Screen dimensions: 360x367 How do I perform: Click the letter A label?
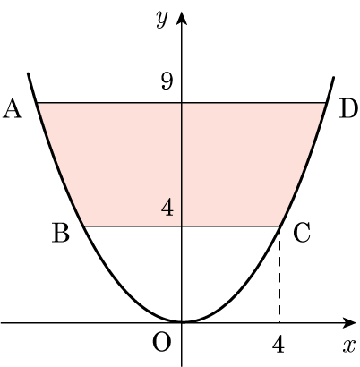[13, 109]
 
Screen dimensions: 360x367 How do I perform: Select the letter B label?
[61, 233]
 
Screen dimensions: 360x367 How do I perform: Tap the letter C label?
[302, 233]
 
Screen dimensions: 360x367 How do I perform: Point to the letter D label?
[348, 109]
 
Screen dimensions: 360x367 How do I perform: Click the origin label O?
[162, 342]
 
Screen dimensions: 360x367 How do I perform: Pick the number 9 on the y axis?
[167, 81]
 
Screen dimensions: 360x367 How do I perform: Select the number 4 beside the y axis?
[167, 207]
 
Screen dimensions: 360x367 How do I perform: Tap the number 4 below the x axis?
[279, 344]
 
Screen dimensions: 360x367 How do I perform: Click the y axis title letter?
[162, 20]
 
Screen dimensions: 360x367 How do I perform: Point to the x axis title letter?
[349, 346]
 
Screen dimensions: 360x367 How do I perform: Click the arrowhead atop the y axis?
[182, 17]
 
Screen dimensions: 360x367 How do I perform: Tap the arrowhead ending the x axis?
[349, 322]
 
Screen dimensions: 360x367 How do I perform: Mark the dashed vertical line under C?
[279, 275]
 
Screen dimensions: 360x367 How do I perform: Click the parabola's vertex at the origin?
[182, 322]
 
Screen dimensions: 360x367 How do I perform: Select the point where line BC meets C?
[280, 226]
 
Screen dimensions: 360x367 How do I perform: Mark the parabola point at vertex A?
[37, 103]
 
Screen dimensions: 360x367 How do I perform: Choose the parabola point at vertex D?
[326, 103]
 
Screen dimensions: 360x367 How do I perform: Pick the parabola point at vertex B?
[83, 226]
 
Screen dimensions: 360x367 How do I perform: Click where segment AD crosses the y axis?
[182, 103]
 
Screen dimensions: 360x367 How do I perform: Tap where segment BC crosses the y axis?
[182, 226]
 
